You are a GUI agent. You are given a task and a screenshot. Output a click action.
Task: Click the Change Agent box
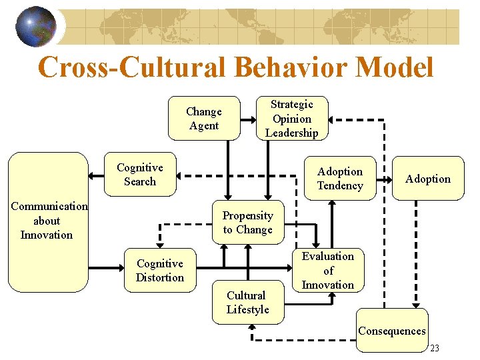[x=203, y=119]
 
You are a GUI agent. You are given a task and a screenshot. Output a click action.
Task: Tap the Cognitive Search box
[x=140, y=175]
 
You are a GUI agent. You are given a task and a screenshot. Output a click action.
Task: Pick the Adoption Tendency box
[x=339, y=179]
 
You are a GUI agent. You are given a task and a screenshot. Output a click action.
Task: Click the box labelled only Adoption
[x=427, y=179]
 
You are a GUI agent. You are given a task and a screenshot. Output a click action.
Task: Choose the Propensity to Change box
[x=247, y=223]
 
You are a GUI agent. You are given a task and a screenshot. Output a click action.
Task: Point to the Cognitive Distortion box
[x=159, y=271]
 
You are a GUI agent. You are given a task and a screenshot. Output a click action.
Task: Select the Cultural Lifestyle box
[x=247, y=302]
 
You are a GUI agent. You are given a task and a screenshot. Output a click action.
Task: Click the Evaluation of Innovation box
[x=328, y=271]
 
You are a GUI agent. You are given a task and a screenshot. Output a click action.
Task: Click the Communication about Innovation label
[x=47, y=221]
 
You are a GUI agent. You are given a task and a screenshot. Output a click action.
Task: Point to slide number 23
[x=435, y=349]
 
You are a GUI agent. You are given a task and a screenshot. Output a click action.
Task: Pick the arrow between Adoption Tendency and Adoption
[x=385, y=179]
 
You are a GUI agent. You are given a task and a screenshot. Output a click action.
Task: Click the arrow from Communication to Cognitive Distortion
[x=106, y=269]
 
